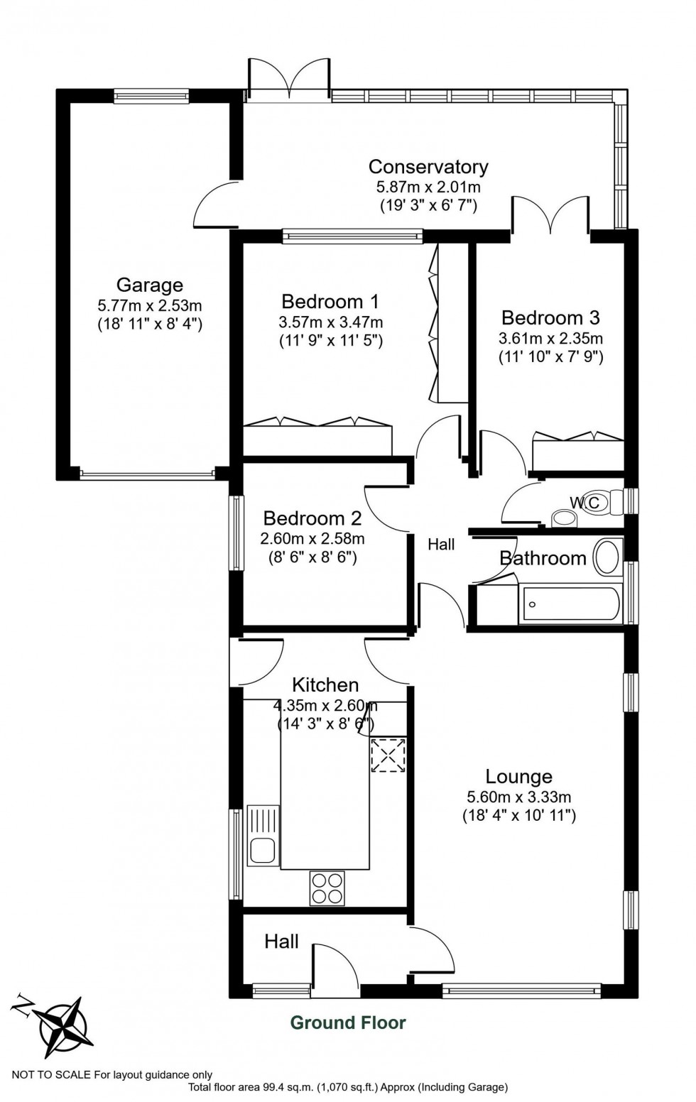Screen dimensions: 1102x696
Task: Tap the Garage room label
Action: (149, 285)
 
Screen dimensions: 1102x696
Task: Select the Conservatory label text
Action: (428, 167)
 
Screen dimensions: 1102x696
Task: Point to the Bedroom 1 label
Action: (330, 302)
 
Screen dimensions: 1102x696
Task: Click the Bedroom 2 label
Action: (312, 518)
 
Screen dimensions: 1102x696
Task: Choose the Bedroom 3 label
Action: (550, 317)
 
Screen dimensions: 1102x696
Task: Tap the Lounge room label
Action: (518, 777)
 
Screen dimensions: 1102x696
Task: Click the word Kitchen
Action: (325, 685)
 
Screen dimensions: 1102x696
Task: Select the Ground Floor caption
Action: (348, 1022)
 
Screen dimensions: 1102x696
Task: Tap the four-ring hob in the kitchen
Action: (327, 888)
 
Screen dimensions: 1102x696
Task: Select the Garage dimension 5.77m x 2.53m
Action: (149, 306)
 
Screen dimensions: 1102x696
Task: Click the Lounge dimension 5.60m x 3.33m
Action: (518, 797)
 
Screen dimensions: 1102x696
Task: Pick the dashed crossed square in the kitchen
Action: (388, 755)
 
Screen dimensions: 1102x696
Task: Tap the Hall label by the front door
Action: (281, 942)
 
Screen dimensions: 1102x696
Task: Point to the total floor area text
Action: (348, 1087)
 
